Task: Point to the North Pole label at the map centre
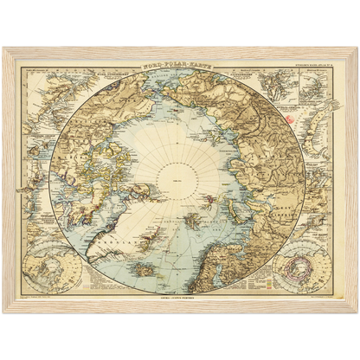(179, 181)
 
